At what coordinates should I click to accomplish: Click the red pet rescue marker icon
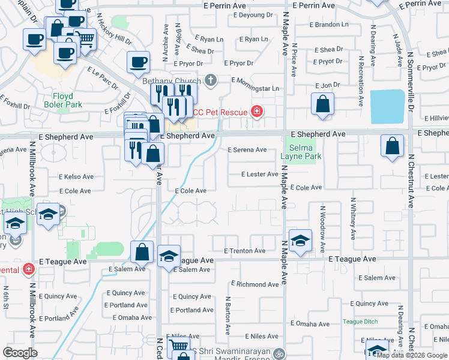pos(257,111)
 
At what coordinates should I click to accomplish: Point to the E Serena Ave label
pos(246,150)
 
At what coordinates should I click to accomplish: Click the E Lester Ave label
pos(259,175)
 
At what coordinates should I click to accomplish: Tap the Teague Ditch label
pos(360,322)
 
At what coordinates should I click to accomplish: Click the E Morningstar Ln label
pos(255,89)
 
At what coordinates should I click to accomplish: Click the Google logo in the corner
pos(20,353)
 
